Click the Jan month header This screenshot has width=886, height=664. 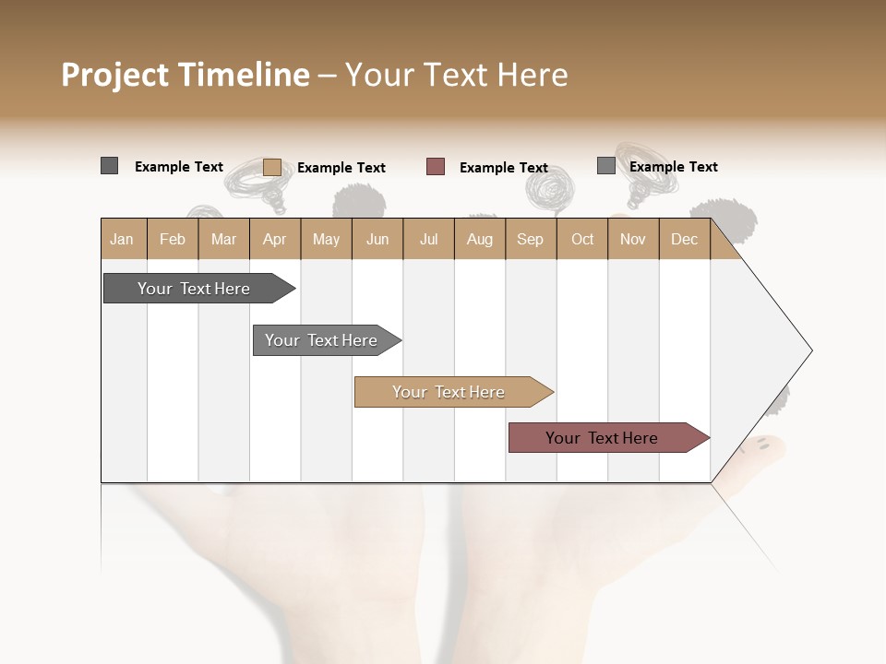(x=123, y=239)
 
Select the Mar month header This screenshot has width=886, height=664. (x=223, y=239)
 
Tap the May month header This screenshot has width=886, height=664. (x=326, y=239)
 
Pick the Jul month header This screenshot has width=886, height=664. (x=428, y=239)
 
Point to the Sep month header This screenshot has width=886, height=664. (x=530, y=239)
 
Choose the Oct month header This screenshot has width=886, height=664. (x=582, y=239)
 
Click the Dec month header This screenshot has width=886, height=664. (x=684, y=239)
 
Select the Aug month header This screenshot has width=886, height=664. (x=479, y=239)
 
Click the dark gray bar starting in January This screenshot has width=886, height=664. (x=194, y=289)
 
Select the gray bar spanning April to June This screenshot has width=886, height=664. (x=321, y=340)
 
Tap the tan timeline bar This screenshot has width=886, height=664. (x=449, y=392)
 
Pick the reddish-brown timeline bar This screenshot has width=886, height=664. (x=602, y=438)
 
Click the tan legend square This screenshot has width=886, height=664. (x=271, y=167)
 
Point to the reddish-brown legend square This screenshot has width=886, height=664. (x=436, y=167)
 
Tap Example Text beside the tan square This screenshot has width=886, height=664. (x=341, y=168)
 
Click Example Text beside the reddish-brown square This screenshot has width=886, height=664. (x=504, y=168)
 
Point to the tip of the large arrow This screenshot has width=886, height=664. (x=810, y=350)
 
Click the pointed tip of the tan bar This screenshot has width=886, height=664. (x=552, y=392)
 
